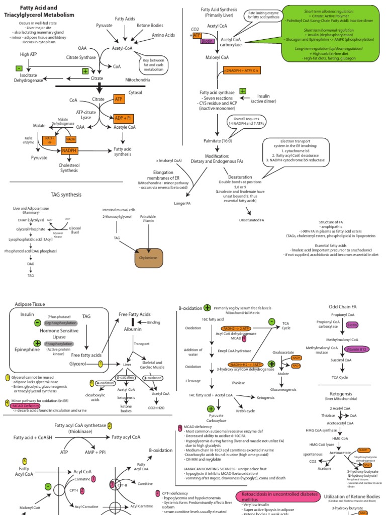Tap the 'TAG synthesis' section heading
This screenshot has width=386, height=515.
(66, 194)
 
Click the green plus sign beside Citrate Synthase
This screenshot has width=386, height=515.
(85, 71)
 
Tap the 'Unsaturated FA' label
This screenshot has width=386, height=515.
(252, 220)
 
